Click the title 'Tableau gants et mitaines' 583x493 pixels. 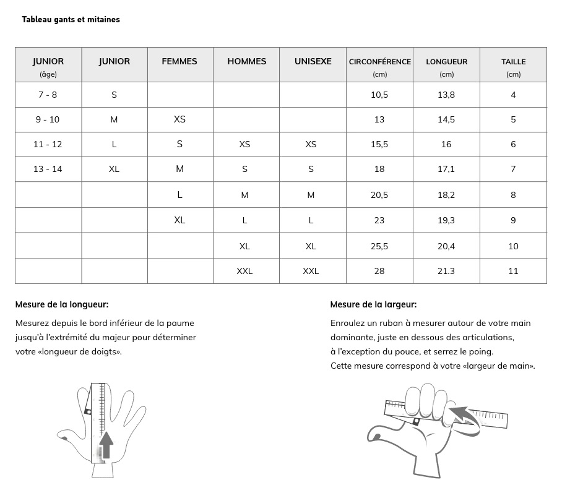[x=71, y=19]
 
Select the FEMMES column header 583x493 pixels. [x=179, y=61]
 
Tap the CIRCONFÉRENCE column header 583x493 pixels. [x=379, y=62]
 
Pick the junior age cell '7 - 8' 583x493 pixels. [x=48, y=95]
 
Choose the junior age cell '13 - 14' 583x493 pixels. [x=48, y=169]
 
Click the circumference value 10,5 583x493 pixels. [x=379, y=95]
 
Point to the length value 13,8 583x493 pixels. [x=446, y=95]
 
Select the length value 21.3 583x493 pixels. [x=446, y=271]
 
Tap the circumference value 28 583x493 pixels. [x=379, y=271]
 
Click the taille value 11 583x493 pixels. [x=513, y=271]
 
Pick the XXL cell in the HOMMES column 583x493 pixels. [x=244, y=271]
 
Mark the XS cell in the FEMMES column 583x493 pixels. [x=179, y=119]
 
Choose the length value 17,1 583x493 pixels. [x=446, y=169]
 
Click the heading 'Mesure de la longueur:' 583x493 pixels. [x=62, y=304]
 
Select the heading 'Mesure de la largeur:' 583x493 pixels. [x=373, y=304]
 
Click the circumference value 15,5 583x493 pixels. [x=379, y=144]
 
